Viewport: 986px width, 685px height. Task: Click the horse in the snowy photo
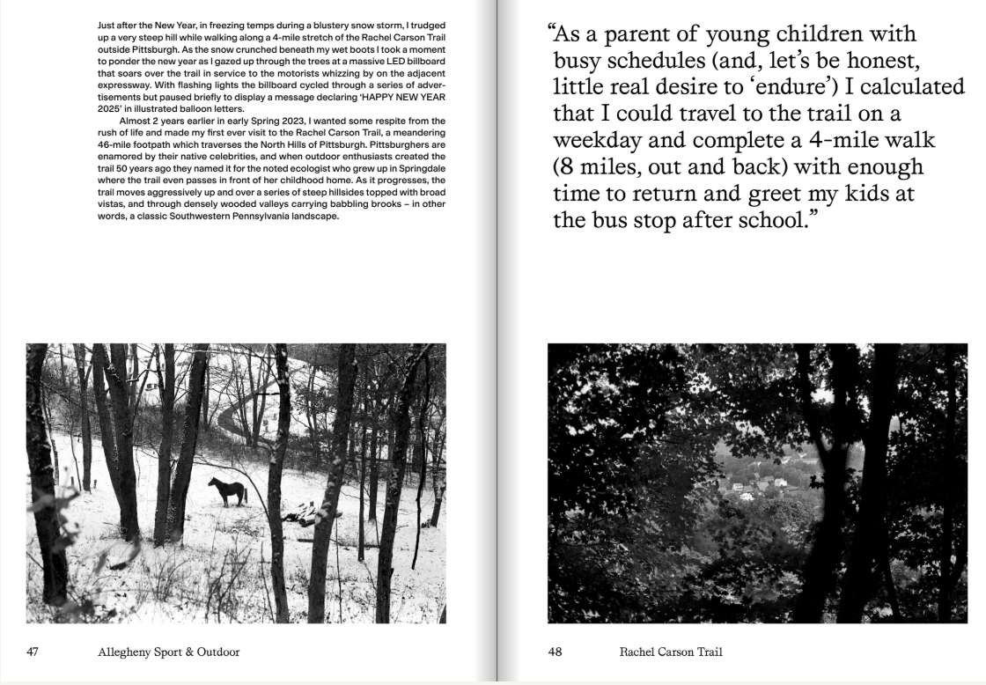click(227, 491)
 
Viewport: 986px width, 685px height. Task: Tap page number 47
click(33, 652)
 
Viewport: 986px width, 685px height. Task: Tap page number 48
click(556, 652)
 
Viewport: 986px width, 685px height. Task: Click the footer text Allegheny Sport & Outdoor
click(169, 652)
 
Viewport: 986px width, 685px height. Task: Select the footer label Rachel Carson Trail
click(671, 652)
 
